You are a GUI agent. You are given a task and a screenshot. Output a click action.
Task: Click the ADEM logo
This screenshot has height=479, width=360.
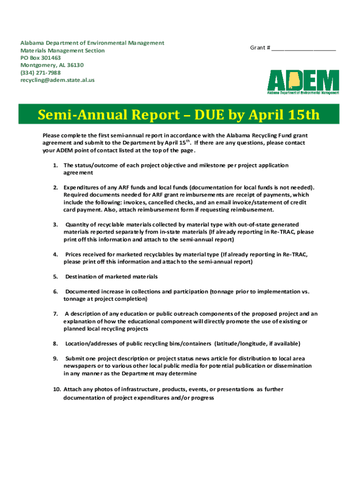coord(303,82)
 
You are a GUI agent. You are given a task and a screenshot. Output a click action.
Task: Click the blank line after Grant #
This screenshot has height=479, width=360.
coord(303,48)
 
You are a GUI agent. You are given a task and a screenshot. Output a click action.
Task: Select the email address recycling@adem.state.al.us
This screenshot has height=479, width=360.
coord(57,80)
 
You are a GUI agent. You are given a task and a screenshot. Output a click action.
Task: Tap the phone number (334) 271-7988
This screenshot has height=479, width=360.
coord(40,73)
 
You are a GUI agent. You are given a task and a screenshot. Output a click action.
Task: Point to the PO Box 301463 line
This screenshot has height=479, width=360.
coord(40,58)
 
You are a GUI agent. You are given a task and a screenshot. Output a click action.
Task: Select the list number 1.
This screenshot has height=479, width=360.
coord(55,166)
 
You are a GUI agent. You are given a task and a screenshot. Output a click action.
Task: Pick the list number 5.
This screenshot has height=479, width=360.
coord(55,276)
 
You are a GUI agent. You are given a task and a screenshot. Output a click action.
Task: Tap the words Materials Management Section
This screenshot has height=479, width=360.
coord(62,51)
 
